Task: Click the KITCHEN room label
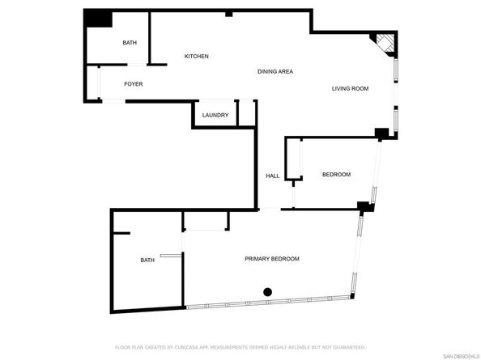pos(197,56)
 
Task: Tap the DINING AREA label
pos(275,72)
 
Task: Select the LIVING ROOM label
pos(350,88)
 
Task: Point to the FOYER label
pos(134,84)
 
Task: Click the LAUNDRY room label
pos(215,116)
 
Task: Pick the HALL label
pos(273,176)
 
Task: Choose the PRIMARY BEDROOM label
pos(272,259)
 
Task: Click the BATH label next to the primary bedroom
pos(147,260)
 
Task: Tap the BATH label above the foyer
pos(130,42)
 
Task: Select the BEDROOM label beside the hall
pos(336,175)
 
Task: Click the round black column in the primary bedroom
pos(267,292)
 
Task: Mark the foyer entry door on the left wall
pos(99,83)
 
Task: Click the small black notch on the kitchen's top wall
pos(229,13)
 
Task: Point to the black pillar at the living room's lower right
pos(381,133)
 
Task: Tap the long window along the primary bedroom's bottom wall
pos(267,303)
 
